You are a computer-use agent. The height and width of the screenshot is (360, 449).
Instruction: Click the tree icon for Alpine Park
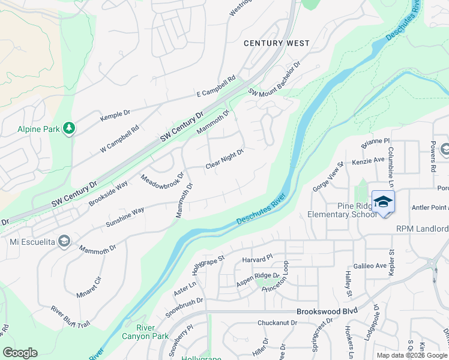click(x=70, y=128)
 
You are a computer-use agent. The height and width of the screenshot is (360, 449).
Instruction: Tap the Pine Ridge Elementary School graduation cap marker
click(x=383, y=202)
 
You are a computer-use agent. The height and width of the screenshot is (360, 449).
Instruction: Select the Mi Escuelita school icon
click(x=64, y=242)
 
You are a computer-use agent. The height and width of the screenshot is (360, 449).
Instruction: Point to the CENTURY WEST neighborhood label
click(x=276, y=43)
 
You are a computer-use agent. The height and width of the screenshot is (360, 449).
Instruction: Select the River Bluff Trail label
click(x=70, y=317)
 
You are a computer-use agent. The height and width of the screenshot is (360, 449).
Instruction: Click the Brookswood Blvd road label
click(x=327, y=311)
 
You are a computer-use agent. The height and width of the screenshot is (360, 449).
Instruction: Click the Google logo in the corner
click(x=20, y=353)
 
